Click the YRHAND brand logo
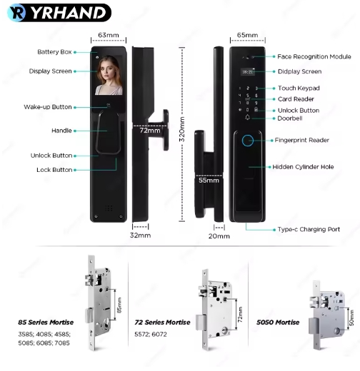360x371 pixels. (x=59, y=13)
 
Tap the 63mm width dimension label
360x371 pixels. (x=109, y=35)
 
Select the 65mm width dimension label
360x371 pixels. (x=247, y=35)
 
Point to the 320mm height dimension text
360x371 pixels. (x=181, y=129)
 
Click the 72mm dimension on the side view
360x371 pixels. (x=150, y=131)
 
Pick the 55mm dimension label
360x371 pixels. (x=209, y=181)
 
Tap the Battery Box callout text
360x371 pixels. (x=54, y=52)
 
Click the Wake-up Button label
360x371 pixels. (x=48, y=107)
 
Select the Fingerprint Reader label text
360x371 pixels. (x=302, y=140)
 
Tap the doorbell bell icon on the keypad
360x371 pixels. (x=248, y=117)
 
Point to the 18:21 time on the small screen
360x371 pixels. (x=247, y=71)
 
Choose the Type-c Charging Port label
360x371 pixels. (x=309, y=230)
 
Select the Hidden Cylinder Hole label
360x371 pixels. (x=303, y=167)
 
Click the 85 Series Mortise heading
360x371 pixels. (x=46, y=322)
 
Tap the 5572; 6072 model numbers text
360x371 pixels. (x=151, y=334)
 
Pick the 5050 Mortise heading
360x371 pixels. (x=278, y=322)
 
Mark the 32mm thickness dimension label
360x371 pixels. (x=140, y=235)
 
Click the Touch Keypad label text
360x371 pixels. (x=299, y=88)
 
